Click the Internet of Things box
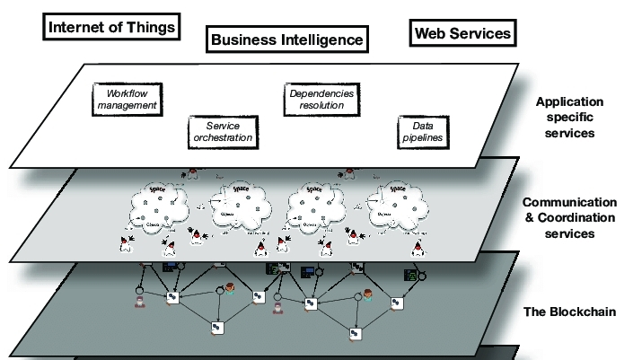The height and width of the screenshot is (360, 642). [x=111, y=27]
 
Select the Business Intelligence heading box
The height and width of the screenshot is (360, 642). [x=286, y=40]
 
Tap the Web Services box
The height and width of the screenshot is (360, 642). [x=462, y=34]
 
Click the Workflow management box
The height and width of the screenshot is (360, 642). [x=126, y=100]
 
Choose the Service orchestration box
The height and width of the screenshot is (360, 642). [x=223, y=133]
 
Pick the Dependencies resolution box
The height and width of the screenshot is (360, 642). [x=321, y=100]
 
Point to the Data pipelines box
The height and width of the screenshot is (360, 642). [x=423, y=133]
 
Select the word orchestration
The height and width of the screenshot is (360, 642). [x=223, y=139]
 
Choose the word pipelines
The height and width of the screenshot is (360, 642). [x=423, y=139]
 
